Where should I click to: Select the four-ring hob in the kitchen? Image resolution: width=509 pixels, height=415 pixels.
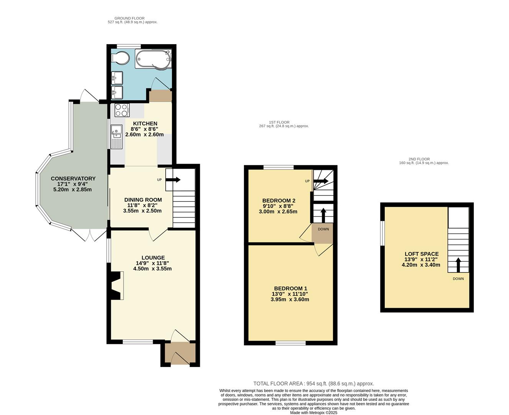(x=122, y=110)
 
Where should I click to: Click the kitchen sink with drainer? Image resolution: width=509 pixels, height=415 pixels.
(x=116, y=136)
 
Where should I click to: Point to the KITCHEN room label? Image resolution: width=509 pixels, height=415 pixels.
(x=145, y=124)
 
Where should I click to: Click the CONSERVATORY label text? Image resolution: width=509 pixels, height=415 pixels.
(x=73, y=179)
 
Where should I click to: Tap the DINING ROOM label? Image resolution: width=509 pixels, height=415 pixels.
(x=143, y=200)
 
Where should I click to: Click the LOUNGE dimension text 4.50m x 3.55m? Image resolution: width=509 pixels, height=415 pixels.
(x=152, y=269)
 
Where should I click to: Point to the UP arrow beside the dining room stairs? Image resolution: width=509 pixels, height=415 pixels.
(x=173, y=179)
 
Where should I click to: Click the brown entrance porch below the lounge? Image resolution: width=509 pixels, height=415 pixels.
(x=180, y=353)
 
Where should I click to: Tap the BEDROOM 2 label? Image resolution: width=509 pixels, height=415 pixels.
(x=278, y=201)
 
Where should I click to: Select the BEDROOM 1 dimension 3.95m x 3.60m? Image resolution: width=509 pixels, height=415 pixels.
(x=290, y=299)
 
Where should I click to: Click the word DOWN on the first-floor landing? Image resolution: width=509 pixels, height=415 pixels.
(x=323, y=229)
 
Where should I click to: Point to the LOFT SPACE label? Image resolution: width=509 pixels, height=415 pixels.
(x=422, y=254)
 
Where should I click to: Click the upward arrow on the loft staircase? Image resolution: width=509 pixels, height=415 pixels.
(x=458, y=265)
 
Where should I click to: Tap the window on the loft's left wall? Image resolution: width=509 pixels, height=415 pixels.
(x=382, y=233)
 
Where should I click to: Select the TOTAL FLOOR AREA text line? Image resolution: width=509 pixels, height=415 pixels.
(x=313, y=383)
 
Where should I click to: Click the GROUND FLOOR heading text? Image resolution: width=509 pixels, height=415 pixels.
(x=129, y=18)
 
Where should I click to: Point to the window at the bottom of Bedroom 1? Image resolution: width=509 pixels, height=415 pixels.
(x=290, y=343)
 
